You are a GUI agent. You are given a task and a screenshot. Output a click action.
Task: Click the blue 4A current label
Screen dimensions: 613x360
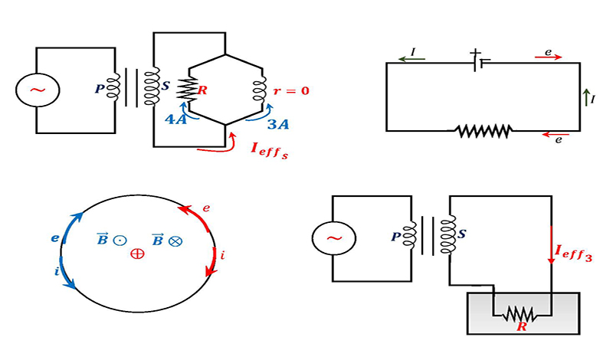point(176,119)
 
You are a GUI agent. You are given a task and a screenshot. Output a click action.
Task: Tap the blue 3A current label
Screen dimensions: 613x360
point(278,124)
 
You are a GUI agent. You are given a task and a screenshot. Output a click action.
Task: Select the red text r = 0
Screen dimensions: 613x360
point(291,91)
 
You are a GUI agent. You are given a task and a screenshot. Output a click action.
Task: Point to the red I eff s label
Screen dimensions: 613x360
point(269,150)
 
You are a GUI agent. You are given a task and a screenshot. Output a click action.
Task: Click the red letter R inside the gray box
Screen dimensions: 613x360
point(522,327)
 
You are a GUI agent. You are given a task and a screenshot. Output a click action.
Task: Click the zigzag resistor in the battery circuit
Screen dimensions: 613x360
point(484,131)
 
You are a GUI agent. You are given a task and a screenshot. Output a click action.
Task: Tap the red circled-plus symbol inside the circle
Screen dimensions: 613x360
point(137,254)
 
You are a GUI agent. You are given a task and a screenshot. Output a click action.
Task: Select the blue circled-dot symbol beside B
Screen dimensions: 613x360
point(120,240)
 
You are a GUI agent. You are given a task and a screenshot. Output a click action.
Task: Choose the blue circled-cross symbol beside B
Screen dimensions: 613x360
point(175,241)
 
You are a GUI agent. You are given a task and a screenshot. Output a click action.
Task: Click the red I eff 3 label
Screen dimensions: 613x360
point(573,252)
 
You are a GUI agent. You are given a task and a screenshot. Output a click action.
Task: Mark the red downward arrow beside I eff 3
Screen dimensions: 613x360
point(551,245)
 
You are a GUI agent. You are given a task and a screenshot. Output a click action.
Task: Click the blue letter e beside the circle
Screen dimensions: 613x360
point(55,237)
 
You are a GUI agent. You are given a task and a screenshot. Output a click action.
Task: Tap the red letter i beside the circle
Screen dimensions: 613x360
point(222,256)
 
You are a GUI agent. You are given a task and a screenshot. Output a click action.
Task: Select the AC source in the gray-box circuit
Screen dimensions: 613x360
point(334,238)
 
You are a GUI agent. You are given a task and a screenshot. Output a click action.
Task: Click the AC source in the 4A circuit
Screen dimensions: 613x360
point(38,90)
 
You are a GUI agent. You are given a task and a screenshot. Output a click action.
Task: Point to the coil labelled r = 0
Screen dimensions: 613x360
point(259,90)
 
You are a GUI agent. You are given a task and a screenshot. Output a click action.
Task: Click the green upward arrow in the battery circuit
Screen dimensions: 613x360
point(586,97)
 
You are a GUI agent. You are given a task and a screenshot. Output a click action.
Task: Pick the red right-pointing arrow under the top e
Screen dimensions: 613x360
point(548,57)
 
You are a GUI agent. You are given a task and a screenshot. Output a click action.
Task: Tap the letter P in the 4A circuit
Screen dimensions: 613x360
point(100,89)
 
